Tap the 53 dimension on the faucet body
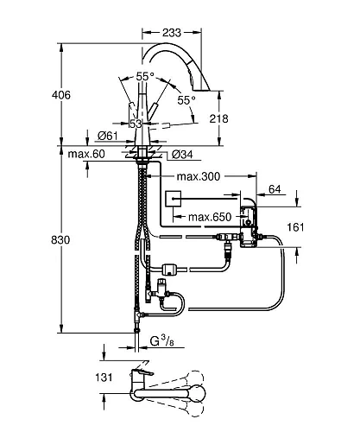point(135,124)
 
